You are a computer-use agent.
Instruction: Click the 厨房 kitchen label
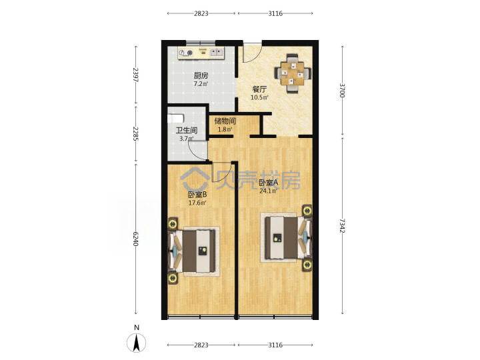[x=201, y=75]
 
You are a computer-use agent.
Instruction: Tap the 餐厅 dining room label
[x=259, y=89]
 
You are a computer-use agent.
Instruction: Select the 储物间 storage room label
[x=225, y=121]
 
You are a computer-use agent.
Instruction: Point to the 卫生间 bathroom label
[x=186, y=131]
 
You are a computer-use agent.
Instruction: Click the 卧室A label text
[x=268, y=183]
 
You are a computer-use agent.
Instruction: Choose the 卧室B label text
[x=197, y=195]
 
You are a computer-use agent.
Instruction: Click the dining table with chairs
[x=293, y=73]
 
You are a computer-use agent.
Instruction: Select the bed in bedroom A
[x=286, y=237]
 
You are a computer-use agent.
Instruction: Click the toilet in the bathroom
[x=176, y=118]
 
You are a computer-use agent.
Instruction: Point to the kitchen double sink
[x=217, y=53]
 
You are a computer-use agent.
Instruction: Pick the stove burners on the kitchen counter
[x=186, y=53]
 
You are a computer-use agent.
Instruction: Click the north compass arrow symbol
[x=137, y=343]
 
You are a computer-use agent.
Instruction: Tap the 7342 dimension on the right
[x=342, y=225]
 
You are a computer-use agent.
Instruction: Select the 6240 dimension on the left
[x=135, y=239]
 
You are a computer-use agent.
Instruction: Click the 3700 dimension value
[x=342, y=90]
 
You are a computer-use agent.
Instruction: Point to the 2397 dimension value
[x=135, y=75]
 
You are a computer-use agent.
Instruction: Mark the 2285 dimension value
[x=135, y=133]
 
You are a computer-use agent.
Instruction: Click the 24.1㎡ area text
[x=268, y=191]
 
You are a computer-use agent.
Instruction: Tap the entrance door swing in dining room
[x=252, y=53]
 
